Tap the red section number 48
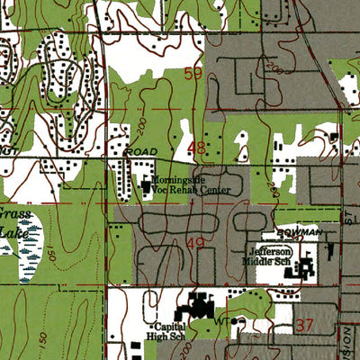pos(195,146)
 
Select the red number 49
pos(196,242)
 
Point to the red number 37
pos(305,324)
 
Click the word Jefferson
pos(271,251)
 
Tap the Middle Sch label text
pos(271,262)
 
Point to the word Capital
pos(170,326)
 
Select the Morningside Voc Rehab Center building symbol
pos(146,186)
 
